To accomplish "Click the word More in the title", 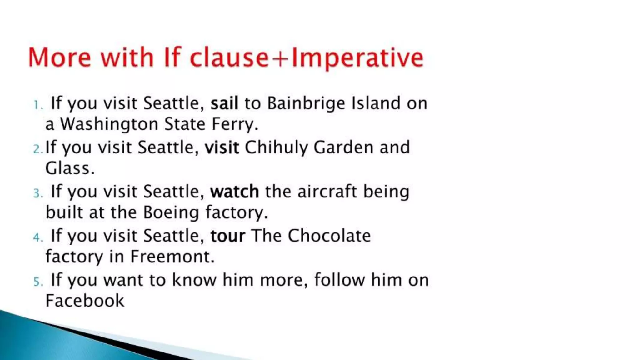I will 60,57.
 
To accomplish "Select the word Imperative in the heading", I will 357,58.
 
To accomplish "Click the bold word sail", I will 224,103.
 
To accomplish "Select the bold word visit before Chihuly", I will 222,147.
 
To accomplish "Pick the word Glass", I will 70,168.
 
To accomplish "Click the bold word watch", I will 234,192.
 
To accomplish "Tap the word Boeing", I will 171,213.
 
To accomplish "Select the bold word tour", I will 228,236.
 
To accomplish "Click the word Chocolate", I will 329,236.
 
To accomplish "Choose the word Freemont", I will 172,257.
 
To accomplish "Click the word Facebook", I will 85,301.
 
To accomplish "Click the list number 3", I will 38,193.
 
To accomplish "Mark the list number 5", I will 38,282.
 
